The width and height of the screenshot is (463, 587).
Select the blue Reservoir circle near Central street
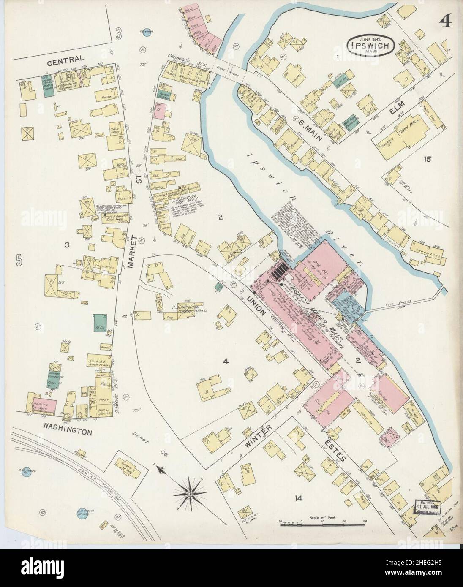coord(144,35)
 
